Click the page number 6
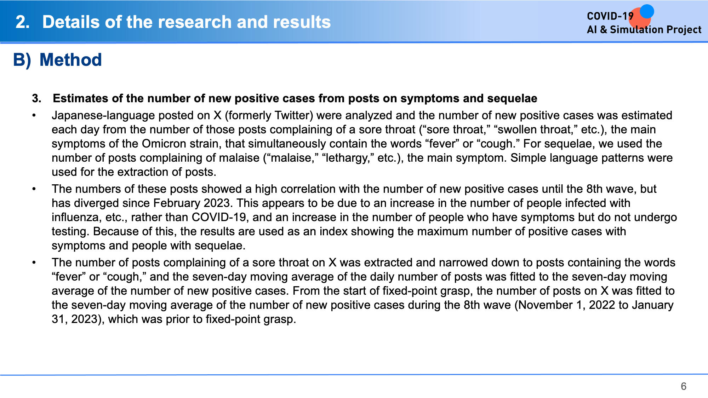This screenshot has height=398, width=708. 684,386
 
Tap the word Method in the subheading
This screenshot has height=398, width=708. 71,59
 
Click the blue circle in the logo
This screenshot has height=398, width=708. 647,11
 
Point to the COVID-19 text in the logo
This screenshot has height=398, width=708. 610,16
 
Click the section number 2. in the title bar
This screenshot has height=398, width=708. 23,22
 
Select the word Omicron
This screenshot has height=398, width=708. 164,144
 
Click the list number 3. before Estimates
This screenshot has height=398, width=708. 37,98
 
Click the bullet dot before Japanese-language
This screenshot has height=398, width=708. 34,116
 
